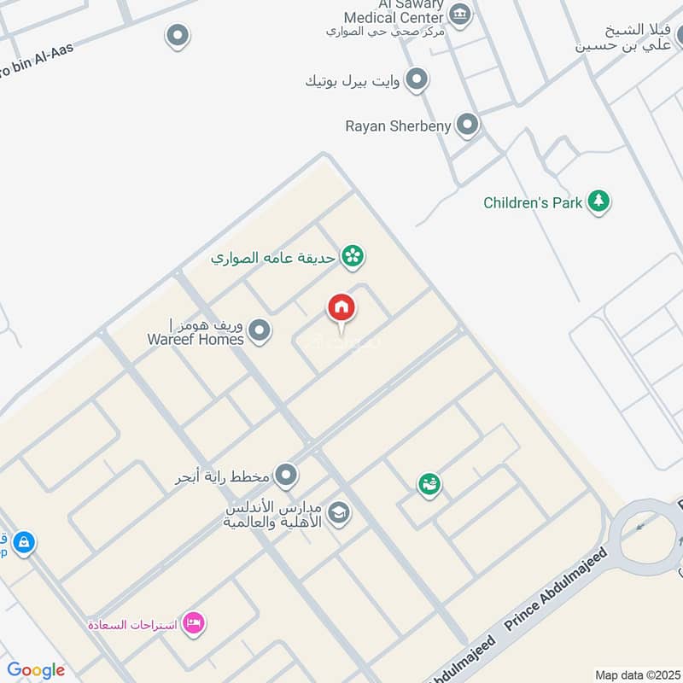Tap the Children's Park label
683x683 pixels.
(x=533, y=203)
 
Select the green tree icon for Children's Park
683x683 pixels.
(x=599, y=202)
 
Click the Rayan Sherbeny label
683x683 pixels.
(x=397, y=126)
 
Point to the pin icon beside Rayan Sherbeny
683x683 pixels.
(x=467, y=126)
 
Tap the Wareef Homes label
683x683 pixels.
(x=196, y=332)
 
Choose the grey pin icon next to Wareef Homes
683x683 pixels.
(x=260, y=331)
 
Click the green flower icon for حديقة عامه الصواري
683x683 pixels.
(x=352, y=255)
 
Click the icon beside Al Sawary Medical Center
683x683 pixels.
(x=460, y=15)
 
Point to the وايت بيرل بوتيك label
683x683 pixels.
(x=352, y=81)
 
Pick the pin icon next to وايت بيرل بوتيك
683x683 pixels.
(x=416, y=80)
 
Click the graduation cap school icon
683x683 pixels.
(x=339, y=514)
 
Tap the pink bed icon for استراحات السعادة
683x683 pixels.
(x=194, y=624)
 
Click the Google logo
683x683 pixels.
(x=36, y=670)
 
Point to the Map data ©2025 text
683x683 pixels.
(x=636, y=674)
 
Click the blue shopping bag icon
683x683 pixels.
(x=23, y=542)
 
